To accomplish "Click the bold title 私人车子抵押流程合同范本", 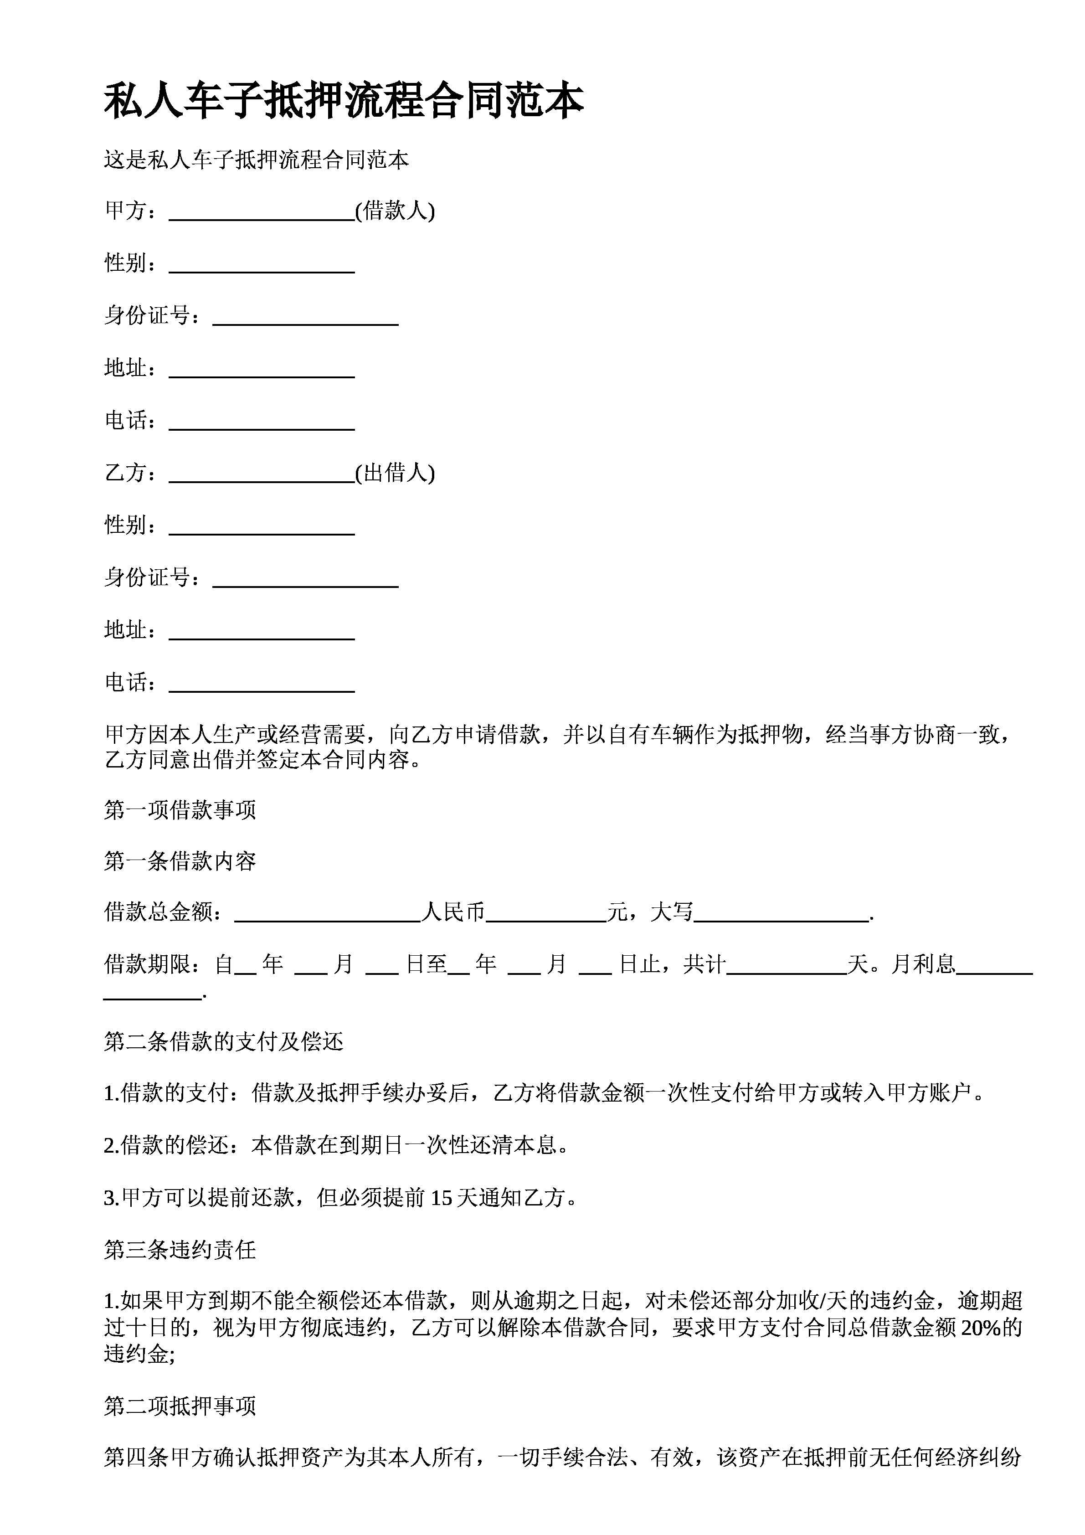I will click(x=344, y=102).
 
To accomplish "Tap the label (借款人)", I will click(x=395, y=211).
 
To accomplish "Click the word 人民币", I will click(x=453, y=912).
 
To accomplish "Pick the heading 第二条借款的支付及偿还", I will click(x=223, y=1041).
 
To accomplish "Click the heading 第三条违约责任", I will click(x=180, y=1250).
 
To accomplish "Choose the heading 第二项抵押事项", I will click(x=180, y=1406).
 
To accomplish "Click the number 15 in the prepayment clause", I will click(x=441, y=1198).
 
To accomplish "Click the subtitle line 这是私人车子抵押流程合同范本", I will click(x=256, y=160).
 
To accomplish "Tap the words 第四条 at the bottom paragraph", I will click(x=136, y=1458).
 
